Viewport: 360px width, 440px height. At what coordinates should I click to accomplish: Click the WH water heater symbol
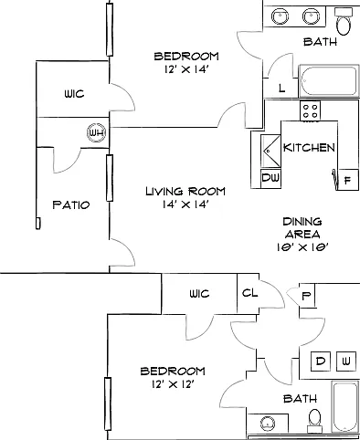click(97, 133)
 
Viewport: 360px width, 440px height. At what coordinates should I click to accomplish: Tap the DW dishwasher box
click(270, 178)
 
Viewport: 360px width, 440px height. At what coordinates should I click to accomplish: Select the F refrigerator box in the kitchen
click(348, 180)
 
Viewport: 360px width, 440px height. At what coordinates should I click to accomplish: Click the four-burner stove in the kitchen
click(311, 111)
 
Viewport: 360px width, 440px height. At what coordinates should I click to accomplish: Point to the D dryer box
click(321, 361)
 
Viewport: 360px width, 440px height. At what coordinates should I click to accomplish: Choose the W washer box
click(346, 361)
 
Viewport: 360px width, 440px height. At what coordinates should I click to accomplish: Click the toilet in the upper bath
click(344, 21)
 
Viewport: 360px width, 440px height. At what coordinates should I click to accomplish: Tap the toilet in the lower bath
click(314, 420)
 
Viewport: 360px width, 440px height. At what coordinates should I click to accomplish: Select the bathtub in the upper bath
click(329, 80)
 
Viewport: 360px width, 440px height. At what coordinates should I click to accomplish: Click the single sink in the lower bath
click(268, 424)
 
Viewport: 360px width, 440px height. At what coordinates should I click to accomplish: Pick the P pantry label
click(307, 296)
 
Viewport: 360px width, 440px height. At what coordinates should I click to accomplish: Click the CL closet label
click(249, 293)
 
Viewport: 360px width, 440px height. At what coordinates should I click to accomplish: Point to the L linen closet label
click(281, 89)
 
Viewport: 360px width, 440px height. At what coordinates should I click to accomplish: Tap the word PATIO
click(71, 204)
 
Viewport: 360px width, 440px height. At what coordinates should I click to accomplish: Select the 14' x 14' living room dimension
click(185, 204)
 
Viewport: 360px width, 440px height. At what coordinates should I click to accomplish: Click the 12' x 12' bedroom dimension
click(173, 384)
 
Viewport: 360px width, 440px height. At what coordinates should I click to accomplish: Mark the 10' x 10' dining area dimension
click(302, 247)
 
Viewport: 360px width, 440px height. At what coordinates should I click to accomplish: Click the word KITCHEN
click(309, 148)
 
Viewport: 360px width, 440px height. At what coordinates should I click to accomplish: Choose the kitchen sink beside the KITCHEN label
click(270, 151)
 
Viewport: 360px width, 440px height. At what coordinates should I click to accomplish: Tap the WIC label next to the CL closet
click(199, 294)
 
